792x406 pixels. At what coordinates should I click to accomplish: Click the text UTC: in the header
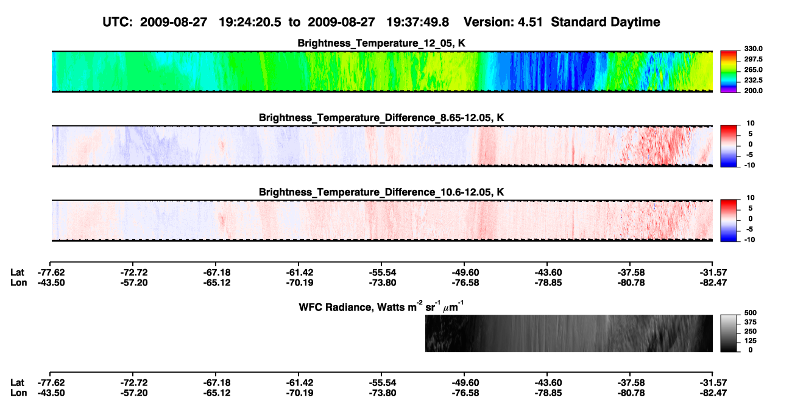click(118, 22)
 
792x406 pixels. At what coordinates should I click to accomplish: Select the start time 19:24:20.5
click(250, 22)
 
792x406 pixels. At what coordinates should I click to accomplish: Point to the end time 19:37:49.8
click(417, 22)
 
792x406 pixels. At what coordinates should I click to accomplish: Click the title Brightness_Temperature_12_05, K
click(381, 43)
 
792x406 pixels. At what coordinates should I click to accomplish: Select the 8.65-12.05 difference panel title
click(381, 117)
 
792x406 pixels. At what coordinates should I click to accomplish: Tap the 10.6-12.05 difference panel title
click(381, 192)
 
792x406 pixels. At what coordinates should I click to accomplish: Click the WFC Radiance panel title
click(381, 307)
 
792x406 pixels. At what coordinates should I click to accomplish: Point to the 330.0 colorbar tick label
click(753, 49)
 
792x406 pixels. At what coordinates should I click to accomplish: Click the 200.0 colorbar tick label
click(753, 91)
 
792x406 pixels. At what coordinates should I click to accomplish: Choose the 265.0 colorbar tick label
click(753, 69)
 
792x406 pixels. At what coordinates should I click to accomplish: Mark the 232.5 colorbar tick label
click(753, 80)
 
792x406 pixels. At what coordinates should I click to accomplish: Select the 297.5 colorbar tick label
click(753, 60)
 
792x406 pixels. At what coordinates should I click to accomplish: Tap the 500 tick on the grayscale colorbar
click(751, 313)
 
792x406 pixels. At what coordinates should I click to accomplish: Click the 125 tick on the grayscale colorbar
click(751, 341)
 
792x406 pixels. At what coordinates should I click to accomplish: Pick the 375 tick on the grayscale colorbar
click(751, 322)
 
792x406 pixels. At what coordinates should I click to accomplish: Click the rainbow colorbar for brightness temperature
click(729, 72)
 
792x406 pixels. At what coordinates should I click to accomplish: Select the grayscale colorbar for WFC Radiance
click(729, 333)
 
